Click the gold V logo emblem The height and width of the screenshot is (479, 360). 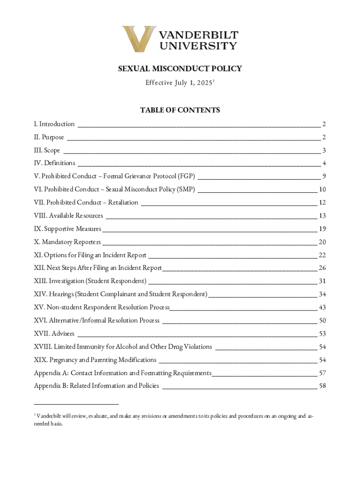coord(139,39)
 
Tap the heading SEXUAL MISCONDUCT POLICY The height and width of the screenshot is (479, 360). coord(180,69)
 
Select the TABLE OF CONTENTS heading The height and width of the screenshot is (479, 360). coord(180,110)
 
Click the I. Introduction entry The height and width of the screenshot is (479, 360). coord(54,124)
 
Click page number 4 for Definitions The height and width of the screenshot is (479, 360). coord(324,163)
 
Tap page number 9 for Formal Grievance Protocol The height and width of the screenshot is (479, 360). coord(324,176)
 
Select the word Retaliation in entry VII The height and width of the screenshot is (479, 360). coord(122,203)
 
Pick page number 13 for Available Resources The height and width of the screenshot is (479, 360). coord(322,216)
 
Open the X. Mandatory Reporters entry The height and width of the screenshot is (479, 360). coord(67,242)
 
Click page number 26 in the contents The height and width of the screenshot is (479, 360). coord(322,268)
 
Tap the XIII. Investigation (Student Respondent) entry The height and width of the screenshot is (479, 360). coord(90,281)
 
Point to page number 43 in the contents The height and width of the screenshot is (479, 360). coord(322,307)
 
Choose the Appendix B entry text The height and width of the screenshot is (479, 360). coord(96,386)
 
